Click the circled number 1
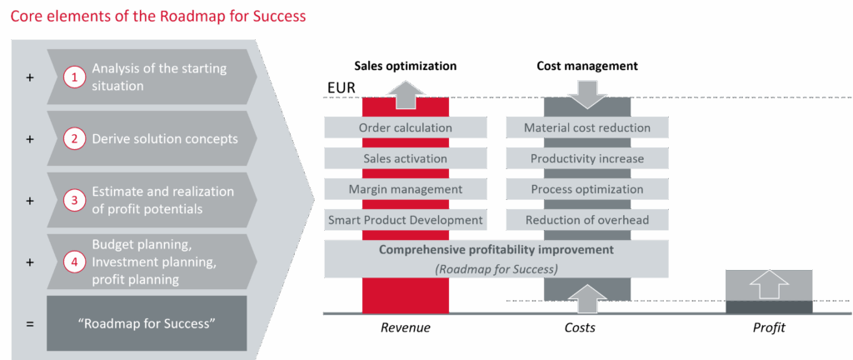[x=75, y=77]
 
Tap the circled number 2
[x=75, y=138]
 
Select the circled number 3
[x=75, y=200]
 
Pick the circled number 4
[x=75, y=261]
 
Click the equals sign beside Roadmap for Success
[x=30, y=322]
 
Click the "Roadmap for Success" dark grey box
[x=147, y=322]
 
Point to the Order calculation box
[x=405, y=127]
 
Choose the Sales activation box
[x=405, y=158]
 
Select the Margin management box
[x=405, y=189]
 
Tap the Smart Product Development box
[x=405, y=220]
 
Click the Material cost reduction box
[x=587, y=127]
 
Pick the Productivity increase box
[x=587, y=158]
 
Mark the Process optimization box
[x=587, y=189]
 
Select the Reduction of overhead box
[x=587, y=220]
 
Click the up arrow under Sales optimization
[x=405, y=93]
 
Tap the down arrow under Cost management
[x=587, y=92]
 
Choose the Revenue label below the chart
[x=405, y=327]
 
